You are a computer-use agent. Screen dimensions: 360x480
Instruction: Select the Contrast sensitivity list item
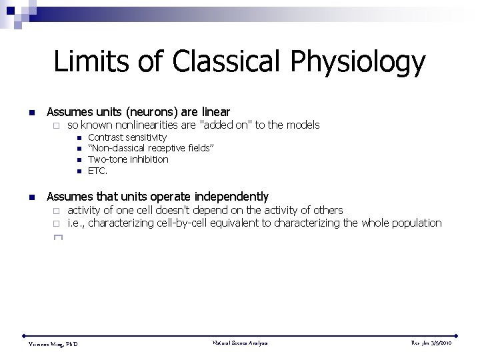127,137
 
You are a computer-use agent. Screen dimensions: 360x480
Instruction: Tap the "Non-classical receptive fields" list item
151,148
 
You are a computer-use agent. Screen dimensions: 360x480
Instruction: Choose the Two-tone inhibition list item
128,159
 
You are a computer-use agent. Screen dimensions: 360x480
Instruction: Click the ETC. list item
97,171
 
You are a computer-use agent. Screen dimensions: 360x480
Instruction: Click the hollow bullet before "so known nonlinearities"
57,125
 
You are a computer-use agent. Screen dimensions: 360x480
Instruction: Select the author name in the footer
53,344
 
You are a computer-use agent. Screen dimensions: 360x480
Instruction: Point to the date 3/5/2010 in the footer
441,343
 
